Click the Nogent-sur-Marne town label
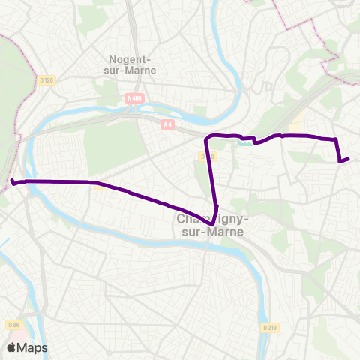click(x=130, y=65)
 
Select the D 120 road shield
click(x=46, y=79)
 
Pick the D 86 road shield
click(x=13, y=324)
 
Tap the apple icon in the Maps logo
click(x=12, y=347)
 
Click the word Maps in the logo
click(x=32, y=348)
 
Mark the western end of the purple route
click(x=12, y=181)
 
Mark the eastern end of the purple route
click(x=349, y=157)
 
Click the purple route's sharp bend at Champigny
click(x=214, y=223)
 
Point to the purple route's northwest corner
click(x=208, y=137)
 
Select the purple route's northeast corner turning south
click(x=335, y=139)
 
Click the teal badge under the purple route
click(x=244, y=138)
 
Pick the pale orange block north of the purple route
click(x=298, y=124)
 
